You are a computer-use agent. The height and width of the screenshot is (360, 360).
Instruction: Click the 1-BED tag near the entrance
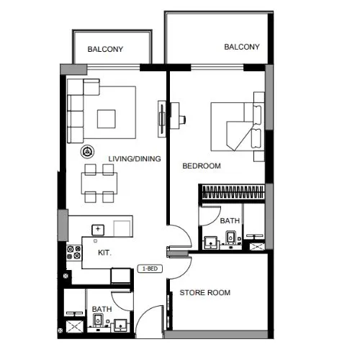point(150,269)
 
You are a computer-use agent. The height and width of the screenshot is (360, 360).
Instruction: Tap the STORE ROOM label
point(205,292)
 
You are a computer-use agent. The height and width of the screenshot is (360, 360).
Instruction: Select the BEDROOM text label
point(202,166)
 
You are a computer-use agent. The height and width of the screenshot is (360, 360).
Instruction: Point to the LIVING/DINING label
point(135,158)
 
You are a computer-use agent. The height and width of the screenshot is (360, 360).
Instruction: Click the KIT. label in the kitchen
point(104,253)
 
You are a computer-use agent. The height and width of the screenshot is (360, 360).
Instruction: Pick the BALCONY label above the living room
point(105,49)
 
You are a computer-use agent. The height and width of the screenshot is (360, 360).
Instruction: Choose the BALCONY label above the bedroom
point(242,47)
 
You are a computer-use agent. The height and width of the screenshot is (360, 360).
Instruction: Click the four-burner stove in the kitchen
point(74,253)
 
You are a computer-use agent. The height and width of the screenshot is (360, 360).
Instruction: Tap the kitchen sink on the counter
point(98,230)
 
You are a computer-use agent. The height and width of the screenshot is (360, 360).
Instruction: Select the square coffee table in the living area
point(107,119)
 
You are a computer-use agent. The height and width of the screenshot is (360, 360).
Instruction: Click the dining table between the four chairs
point(99,183)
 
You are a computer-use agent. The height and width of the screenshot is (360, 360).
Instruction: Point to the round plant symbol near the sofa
point(87,152)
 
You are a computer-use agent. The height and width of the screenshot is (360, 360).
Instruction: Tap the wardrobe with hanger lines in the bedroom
point(233,192)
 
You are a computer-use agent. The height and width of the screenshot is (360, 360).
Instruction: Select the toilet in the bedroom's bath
point(230,236)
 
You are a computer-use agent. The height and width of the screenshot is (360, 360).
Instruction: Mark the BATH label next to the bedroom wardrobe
point(230,220)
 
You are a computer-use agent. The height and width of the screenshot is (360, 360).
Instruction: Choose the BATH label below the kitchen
point(102,309)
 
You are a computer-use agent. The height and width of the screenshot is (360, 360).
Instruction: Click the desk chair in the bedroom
point(182,119)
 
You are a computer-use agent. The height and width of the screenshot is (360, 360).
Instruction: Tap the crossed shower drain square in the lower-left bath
point(75,326)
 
